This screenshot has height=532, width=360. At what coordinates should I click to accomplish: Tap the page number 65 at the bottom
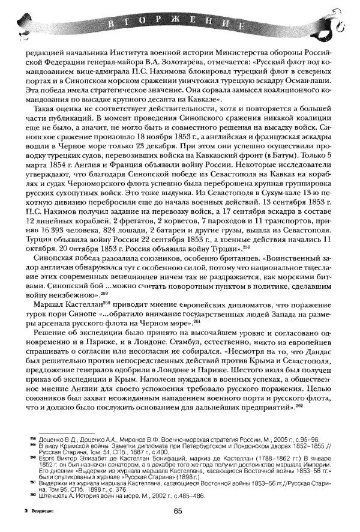(x=178, y=511)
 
